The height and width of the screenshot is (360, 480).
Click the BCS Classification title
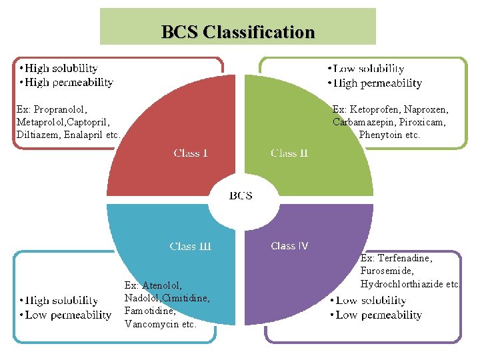[238, 31]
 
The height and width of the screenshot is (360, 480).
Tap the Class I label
[191, 153]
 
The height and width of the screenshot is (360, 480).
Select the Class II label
[289, 153]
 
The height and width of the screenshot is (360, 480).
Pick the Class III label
[191, 246]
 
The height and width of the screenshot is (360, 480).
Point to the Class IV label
[289, 246]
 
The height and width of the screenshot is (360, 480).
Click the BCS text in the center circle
[241, 195]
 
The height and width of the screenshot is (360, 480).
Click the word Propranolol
[61, 109]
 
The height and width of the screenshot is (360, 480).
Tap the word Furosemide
[387, 271]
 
